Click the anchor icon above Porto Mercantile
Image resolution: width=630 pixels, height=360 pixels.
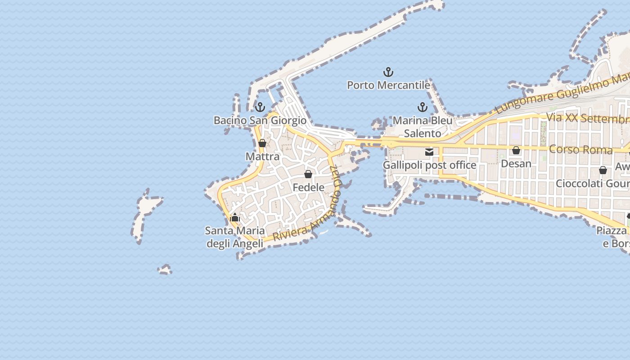pyautogui.click(x=388, y=72)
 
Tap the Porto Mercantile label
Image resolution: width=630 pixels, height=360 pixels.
pyautogui.click(x=388, y=85)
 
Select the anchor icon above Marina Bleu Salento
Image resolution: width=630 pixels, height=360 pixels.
pyautogui.click(x=422, y=107)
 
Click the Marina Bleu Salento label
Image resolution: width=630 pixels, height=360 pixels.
pyautogui.click(x=423, y=127)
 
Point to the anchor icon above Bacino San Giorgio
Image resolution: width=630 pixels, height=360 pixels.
pyautogui.click(x=260, y=107)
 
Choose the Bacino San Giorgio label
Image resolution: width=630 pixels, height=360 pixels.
pyautogui.click(x=260, y=121)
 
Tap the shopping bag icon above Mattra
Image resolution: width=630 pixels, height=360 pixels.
pyautogui.click(x=262, y=143)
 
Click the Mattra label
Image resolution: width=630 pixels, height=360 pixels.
pyautogui.click(x=262, y=157)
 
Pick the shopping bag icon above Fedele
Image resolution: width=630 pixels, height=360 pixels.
pyautogui.click(x=308, y=174)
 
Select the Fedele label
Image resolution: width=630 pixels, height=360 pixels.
pyautogui.click(x=308, y=187)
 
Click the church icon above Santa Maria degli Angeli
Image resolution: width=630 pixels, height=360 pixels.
pyautogui.click(x=234, y=218)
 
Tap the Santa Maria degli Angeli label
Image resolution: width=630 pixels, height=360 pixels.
pyautogui.click(x=234, y=237)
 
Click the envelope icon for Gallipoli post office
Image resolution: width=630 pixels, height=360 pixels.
pyautogui.click(x=429, y=152)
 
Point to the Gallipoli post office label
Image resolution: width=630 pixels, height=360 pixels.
pyautogui.click(x=429, y=165)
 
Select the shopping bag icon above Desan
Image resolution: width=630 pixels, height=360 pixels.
pyautogui.click(x=516, y=150)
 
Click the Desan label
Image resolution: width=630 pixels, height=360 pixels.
pyautogui.click(x=516, y=164)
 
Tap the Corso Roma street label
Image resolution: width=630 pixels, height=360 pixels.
pyautogui.click(x=580, y=149)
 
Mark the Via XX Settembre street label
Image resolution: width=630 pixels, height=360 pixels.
pyautogui.click(x=587, y=119)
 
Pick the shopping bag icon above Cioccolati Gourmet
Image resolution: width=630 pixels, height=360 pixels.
pyautogui.click(x=603, y=170)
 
